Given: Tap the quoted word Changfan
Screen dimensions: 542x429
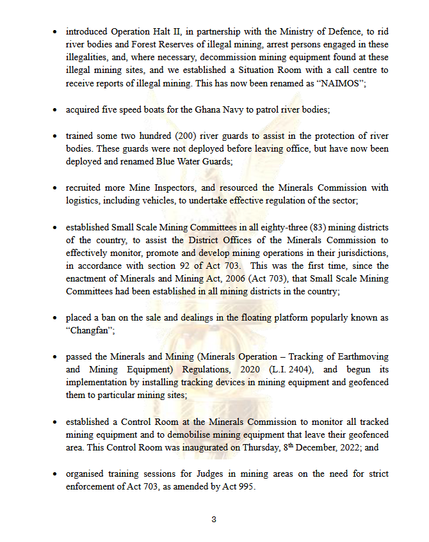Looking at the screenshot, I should pyautogui.click(x=88, y=330).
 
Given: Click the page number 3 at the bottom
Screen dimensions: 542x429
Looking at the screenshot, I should pyautogui.click(x=214, y=519).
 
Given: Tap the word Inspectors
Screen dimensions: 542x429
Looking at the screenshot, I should pyautogui.click(x=181, y=188).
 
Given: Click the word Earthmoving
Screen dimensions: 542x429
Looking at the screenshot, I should pyautogui.click(x=361, y=357).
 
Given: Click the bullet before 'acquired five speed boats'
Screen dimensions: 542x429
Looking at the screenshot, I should pyautogui.click(x=56, y=110).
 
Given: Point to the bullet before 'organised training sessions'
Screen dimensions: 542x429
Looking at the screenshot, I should pyautogui.click(x=56, y=474).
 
